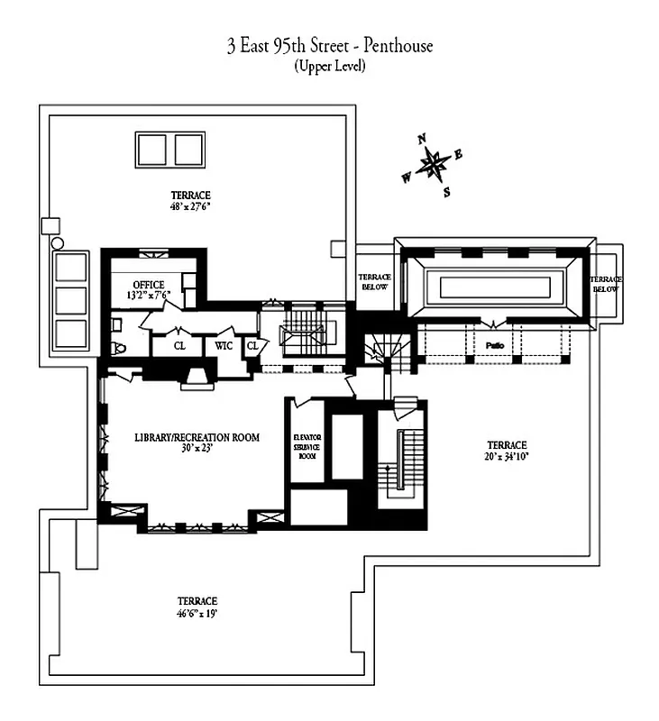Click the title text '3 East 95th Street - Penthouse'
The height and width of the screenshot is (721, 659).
(x=329, y=46)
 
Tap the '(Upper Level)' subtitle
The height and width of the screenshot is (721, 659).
(x=329, y=67)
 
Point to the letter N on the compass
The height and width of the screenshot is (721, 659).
(x=421, y=139)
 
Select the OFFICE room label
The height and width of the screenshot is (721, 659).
(x=149, y=285)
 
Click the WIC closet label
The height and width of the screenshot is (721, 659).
(x=223, y=343)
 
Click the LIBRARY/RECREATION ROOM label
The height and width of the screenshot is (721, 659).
(x=197, y=438)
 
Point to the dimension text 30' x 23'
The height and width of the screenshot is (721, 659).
(x=197, y=448)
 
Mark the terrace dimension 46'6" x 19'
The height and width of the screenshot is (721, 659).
(x=197, y=613)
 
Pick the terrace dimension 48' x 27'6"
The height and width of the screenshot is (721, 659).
(x=191, y=206)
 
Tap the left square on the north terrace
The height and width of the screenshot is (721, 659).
(x=152, y=149)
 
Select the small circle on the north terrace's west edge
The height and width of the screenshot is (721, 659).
(x=57, y=243)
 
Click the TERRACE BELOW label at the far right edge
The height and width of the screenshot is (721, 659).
(x=605, y=284)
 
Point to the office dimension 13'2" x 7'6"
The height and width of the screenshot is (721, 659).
(x=148, y=296)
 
